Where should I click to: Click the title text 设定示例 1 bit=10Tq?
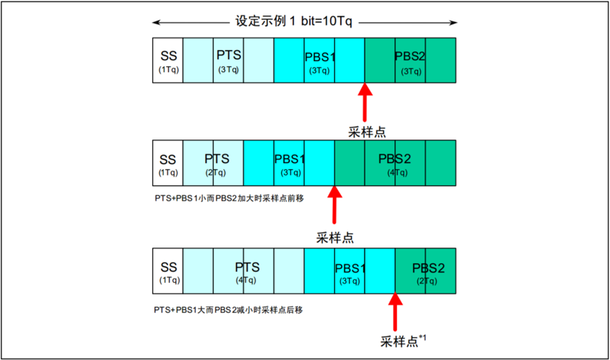(x=294, y=21)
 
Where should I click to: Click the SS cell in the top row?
(x=168, y=60)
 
